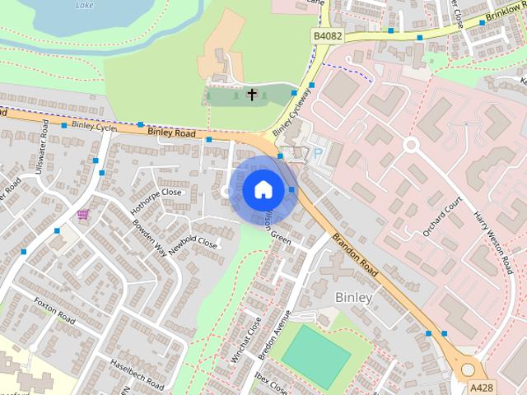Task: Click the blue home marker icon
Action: coord(262,189)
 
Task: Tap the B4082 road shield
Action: coord(327,37)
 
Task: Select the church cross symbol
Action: coord(252,95)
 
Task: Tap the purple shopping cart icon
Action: coord(82,215)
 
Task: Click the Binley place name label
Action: coord(354,296)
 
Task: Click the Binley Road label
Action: coord(171,132)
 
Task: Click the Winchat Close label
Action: coord(246,338)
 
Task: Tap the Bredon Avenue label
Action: coord(275,334)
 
